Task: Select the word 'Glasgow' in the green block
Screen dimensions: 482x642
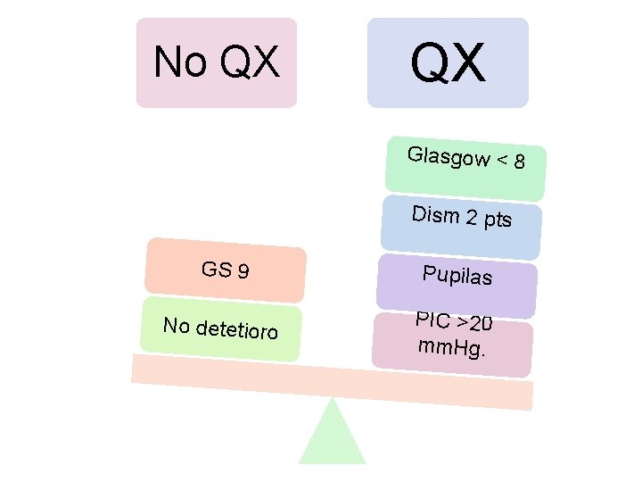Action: coord(448,156)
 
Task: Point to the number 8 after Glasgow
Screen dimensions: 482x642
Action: coord(519,163)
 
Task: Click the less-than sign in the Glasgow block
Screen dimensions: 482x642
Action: coord(503,161)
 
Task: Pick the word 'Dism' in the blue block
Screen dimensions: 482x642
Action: coord(435,214)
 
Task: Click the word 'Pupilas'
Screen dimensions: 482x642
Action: coord(457,275)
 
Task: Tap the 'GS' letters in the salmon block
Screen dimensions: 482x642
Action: coord(217,269)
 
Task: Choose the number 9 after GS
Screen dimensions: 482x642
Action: coord(243,270)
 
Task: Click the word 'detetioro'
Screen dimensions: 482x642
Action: coord(237,330)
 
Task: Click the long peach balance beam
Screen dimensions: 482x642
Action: coord(332,382)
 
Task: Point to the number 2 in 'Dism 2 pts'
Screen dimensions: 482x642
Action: coord(472,217)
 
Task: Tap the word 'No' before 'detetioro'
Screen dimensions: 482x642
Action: coord(177,325)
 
